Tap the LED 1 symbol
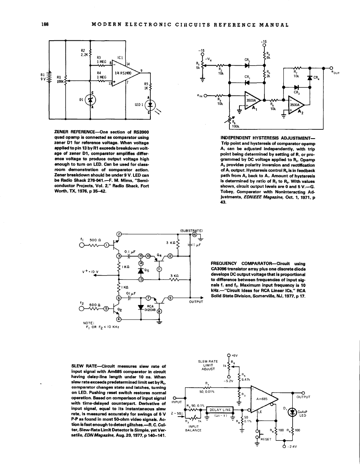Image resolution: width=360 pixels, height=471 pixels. (x=150, y=106)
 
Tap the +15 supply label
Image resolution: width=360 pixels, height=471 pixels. (x=264, y=41)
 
